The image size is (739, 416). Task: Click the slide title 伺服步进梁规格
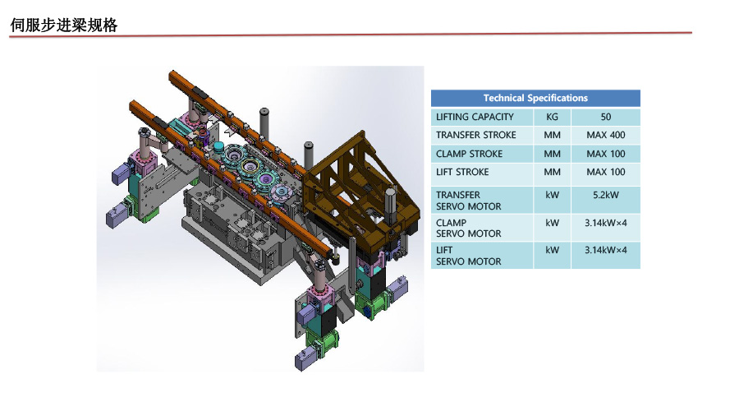(x=63, y=25)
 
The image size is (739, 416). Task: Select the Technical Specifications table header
(x=535, y=98)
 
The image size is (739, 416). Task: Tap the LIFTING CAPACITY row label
(x=475, y=117)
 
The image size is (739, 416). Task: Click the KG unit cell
(x=552, y=117)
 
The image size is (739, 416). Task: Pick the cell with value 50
(x=606, y=117)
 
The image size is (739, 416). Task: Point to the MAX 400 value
(x=606, y=135)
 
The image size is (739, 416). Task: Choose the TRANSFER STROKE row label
(x=476, y=135)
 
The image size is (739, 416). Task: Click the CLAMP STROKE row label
(x=469, y=154)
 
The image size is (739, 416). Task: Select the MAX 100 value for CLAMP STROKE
(x=606, y=154)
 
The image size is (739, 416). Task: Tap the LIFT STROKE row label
(x=462, y=172)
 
